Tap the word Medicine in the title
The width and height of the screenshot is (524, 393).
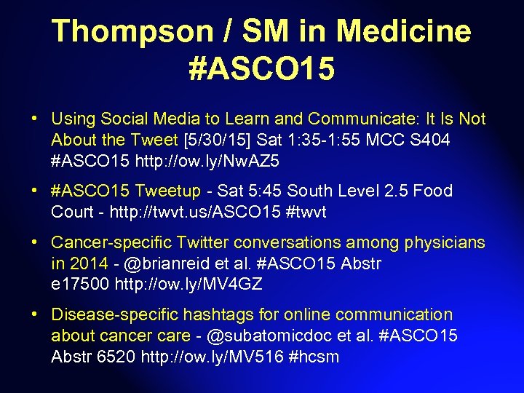[403, 31]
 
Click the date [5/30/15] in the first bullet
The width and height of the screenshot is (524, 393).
[210, 139]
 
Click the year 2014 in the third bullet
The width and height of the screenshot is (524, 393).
[87, 263]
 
